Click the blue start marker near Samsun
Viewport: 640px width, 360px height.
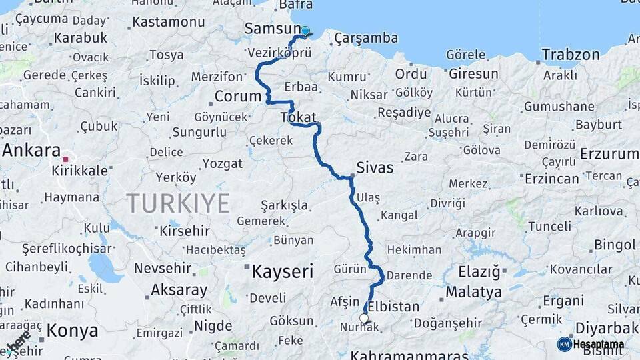point(305,31)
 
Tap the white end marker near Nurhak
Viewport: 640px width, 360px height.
point(364,319)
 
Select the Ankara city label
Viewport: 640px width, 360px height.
point(31,150)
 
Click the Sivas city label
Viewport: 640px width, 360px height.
point(375,167)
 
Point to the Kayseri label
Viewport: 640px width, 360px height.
point(282,271)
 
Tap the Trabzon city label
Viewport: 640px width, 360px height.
point(571,55)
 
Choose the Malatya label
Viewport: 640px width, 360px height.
point(473,292)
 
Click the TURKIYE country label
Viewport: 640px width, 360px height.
point(178,203)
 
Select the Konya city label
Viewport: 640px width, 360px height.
point(72,330)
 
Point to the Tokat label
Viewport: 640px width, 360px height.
point(299,117)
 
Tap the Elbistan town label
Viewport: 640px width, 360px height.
point(393,307)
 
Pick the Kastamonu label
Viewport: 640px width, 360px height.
point(168,22)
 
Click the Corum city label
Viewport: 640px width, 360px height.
point(238,96)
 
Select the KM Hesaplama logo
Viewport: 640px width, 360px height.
point(591,344)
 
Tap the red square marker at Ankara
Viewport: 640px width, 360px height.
point(65,160)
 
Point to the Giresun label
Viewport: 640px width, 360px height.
point(473,73)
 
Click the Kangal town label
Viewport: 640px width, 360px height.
point(399,215)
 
